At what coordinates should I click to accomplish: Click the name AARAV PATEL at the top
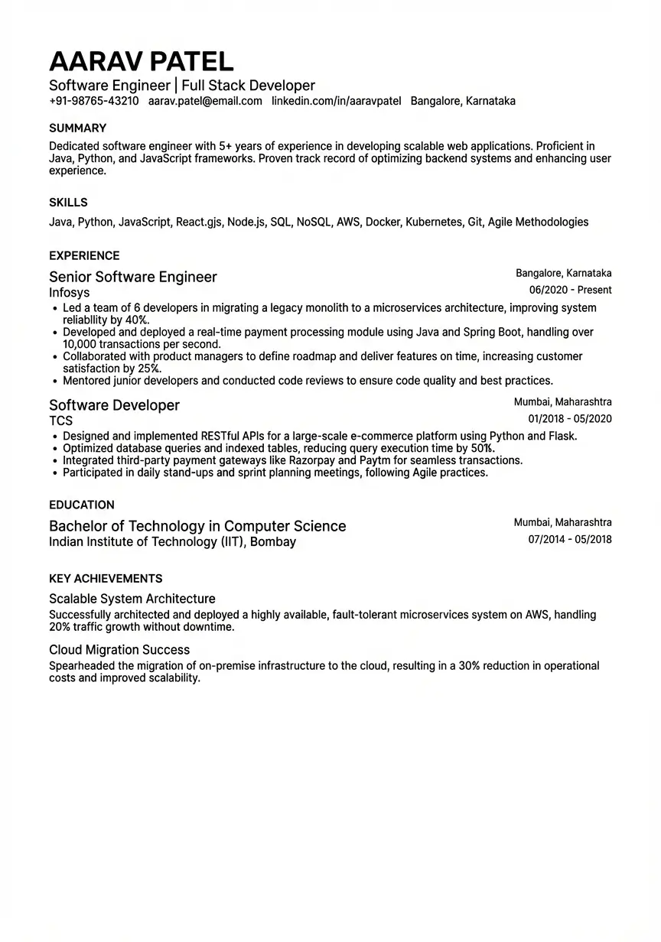tap(141, 61)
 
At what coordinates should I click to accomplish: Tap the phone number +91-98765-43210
tap(93, 101)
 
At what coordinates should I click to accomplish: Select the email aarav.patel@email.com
tap(205, 101)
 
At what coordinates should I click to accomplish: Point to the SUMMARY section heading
tap(77, 128)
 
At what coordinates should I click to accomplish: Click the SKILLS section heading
tap(68, 203)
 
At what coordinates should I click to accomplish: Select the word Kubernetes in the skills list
tap(434, 223)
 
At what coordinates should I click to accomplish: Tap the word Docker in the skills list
tap(382, 223)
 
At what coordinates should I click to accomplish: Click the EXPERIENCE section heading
tap(84, 256)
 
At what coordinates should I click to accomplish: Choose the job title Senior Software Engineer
tap(133, 277)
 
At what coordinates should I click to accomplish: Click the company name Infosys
tap(69, 293)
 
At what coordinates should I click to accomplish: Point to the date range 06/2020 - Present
tap(570, 291)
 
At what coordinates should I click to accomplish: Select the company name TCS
tap(60, 421)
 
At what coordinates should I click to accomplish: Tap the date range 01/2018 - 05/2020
tap(570, 419)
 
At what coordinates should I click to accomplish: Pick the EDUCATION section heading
tap(82, 505)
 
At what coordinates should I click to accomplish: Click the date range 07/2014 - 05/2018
tap(570, 540)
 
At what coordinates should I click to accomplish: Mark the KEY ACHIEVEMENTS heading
tap(106, 579)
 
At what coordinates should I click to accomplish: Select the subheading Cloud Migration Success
tap(119, 650)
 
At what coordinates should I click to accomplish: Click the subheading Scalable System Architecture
tap(132, 599)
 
